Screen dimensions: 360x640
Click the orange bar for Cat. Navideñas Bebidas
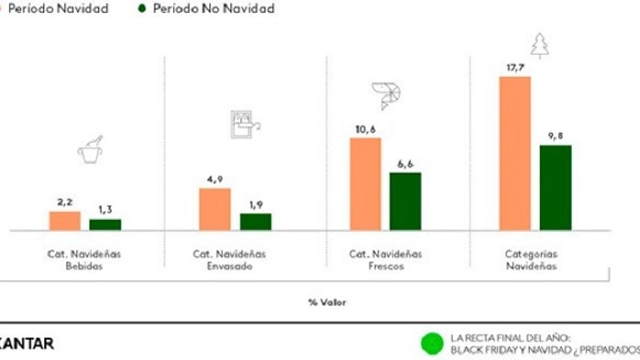[x=65, y=221]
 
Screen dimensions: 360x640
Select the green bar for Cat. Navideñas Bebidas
[x=105, y=224]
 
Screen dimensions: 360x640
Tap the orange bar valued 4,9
[x=215, y=209]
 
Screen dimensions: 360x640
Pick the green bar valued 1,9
[x=256, y=222]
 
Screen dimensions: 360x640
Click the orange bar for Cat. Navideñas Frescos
[x=365, y=184]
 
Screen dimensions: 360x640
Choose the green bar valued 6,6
[x=405, y=201]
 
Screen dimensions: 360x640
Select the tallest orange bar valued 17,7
[x=515, y=153]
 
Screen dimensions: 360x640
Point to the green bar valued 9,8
[x=556, y=188]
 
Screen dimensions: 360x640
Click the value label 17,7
[x=515, y=68]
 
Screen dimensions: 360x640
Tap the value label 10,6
[x=365, y=129]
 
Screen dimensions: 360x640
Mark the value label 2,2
[x=65, y=202]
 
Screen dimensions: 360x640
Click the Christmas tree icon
[x=540, y=45]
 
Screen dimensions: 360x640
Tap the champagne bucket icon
[x=90, y=150]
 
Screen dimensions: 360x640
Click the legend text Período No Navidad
[x=214, y=8]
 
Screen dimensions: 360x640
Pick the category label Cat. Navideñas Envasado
[x=229, y=260]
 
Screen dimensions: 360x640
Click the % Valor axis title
[x=327, y=302]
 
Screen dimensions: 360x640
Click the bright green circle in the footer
[x=432, y=344]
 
